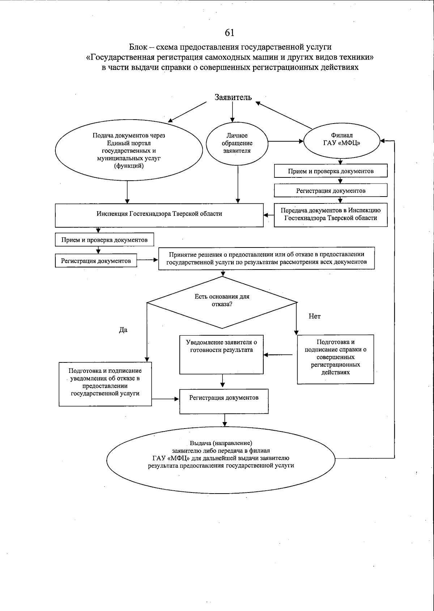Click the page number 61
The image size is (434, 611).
pos(229,33)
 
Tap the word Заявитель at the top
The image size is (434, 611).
pos(233,97)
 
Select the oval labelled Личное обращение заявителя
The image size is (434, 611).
pos(237,143)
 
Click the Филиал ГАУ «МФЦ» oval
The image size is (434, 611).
pos(341,139)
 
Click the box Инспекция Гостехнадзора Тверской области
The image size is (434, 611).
pos(159,214)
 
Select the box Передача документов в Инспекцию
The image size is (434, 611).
pos(331,214)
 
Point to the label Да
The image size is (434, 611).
pos(123,330)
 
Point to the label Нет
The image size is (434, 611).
pos(314,317)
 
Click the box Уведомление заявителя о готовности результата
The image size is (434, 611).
pos(221,354)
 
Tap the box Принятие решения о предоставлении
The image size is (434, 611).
pos(266,258)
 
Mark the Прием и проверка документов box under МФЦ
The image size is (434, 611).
pos(331,171)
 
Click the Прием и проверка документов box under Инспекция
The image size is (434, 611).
pos(104,240)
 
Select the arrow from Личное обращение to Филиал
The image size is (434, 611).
pos(285,141)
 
